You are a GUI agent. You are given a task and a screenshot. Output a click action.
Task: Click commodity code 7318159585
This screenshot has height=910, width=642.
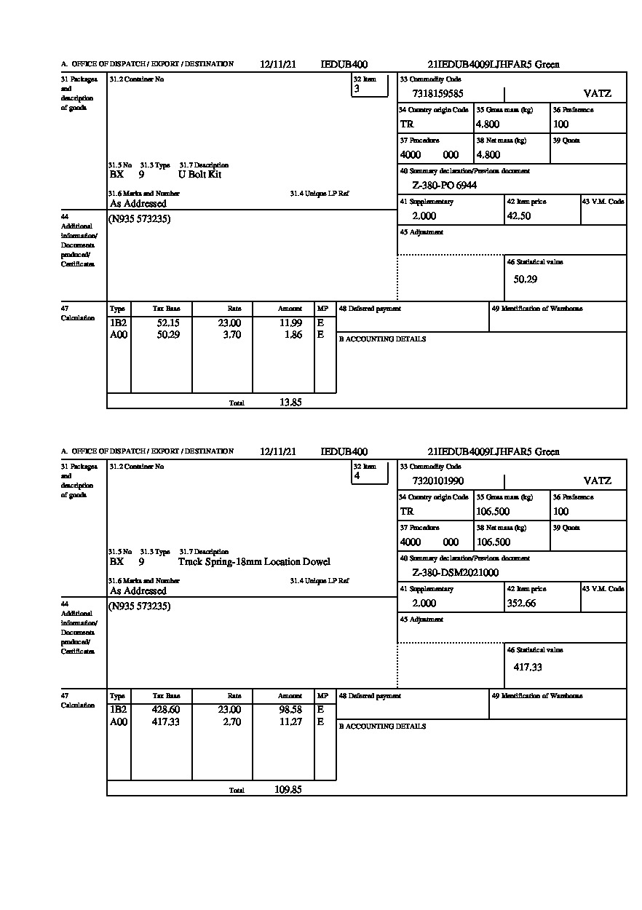[437, 93]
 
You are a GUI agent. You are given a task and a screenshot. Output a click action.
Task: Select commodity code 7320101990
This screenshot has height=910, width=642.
[437, 480]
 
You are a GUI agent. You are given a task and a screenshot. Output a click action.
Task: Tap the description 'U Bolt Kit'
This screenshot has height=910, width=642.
[199, 175]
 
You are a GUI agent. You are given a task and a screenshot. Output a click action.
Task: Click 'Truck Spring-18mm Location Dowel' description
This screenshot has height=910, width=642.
[254, 562]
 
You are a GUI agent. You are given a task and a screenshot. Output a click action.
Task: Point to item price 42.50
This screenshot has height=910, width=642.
[518, 216]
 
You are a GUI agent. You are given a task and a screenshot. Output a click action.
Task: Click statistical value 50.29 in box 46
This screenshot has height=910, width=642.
[525, 280]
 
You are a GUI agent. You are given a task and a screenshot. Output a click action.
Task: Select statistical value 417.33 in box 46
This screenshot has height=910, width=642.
[528, 667]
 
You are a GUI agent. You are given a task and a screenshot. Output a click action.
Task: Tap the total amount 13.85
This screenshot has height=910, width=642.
[290, 403]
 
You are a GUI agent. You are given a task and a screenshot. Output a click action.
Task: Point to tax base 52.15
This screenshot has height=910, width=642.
[169, 323]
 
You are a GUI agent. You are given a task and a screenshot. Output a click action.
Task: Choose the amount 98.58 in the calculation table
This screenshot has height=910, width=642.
[290, 710]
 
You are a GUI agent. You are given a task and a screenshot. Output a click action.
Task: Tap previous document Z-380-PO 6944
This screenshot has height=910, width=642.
[444, 186]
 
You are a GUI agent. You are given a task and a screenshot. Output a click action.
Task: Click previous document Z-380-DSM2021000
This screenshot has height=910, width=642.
[456, 573]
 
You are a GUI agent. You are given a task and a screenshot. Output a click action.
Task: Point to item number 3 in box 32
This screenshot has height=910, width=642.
[357, 89]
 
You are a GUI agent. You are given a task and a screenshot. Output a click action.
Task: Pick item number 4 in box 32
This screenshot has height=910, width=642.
[357, 476]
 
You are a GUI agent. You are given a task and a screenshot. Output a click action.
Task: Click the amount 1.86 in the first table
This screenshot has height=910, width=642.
[293, 335]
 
